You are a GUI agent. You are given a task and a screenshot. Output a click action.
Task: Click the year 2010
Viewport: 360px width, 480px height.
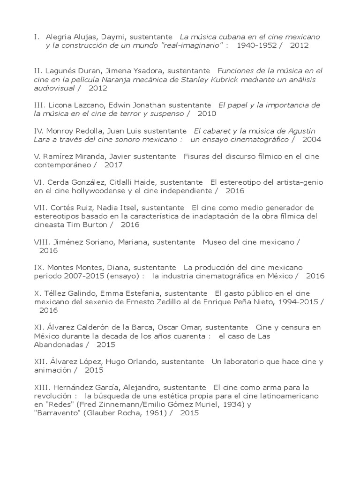tap(207, 113)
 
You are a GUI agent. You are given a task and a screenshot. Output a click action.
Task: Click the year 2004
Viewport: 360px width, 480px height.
tap(312, 139)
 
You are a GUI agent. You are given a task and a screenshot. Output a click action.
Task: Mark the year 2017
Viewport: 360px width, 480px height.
tap(113, 165)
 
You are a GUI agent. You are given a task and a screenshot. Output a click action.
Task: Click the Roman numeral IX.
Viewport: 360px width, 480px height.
tap(39, 267)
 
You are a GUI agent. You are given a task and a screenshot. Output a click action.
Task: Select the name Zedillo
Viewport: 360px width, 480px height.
tap(165, 302)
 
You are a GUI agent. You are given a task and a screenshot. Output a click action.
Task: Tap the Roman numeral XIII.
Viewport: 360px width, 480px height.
tap(41, 388)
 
